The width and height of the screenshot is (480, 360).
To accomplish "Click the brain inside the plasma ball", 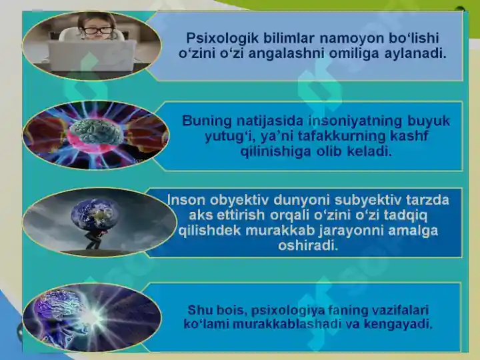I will coord(97,131).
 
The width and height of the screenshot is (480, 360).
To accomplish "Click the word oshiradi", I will coord(307,246).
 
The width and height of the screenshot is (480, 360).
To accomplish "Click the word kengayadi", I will coord(400,325).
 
